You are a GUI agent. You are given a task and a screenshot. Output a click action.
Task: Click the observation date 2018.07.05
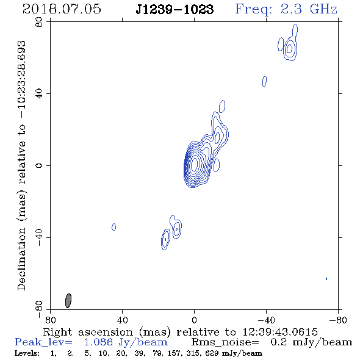coord(62,9)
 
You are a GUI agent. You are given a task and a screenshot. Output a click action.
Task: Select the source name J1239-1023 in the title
coord(175,9)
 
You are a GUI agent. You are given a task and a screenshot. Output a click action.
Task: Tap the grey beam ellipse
coord(68,301)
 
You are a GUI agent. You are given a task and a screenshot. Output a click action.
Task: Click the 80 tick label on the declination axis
coord(39,22)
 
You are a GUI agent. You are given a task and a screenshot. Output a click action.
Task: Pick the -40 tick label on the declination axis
coord(39,237)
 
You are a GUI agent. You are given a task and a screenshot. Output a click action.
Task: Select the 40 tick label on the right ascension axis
coord(122,320)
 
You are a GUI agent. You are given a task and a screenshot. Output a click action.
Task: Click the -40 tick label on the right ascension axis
coord(266,320)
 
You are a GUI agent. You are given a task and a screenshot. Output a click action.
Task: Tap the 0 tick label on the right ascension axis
coord(194,320)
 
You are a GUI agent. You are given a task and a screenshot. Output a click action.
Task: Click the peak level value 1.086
coord(98,342)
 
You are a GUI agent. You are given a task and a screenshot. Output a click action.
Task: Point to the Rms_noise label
coord(225,342)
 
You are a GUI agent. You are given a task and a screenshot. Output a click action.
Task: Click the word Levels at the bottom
coord(27,353)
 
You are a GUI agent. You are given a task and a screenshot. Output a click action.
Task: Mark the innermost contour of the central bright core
coord(195,164)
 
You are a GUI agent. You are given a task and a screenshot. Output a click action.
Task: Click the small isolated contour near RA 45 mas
coord(113,227)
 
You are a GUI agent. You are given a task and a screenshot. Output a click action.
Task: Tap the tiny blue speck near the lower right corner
coord(326,279)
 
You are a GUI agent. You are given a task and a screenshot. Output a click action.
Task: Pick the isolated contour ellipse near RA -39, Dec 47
coord(264,81)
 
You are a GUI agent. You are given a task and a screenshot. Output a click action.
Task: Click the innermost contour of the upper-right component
coord(289,48)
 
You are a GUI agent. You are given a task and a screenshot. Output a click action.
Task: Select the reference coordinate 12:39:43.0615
coord(280,332)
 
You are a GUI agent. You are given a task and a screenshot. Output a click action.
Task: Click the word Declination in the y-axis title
coord(21,259)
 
